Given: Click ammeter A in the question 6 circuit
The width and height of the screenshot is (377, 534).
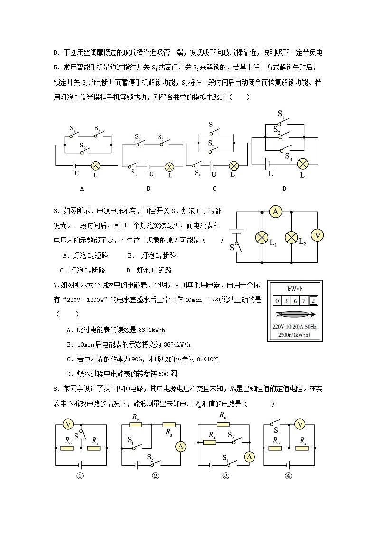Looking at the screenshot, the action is coord(275,212).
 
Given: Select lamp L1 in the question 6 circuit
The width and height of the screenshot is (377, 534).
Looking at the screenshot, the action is coord(262,237).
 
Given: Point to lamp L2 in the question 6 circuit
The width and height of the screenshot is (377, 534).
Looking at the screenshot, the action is coord(291,237).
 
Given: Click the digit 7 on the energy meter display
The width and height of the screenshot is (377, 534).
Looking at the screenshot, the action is coord(303,301).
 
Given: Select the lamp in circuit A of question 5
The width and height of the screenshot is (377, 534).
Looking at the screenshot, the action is coord(95,165).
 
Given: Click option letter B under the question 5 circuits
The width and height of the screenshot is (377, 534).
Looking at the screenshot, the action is coord(148,189).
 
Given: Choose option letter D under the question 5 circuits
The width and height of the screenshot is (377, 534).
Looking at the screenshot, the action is coord(284,189).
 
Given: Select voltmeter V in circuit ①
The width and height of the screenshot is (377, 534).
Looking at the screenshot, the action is coord(68,424).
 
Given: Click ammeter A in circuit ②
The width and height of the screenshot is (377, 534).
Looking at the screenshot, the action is coord(180,446).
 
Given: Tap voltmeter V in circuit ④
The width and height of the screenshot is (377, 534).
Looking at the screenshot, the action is coord(299,424).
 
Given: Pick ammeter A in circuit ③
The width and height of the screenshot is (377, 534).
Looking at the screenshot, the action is coord(250,456).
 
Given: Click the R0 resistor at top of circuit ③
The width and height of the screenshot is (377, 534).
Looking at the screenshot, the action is coord(222,424).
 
